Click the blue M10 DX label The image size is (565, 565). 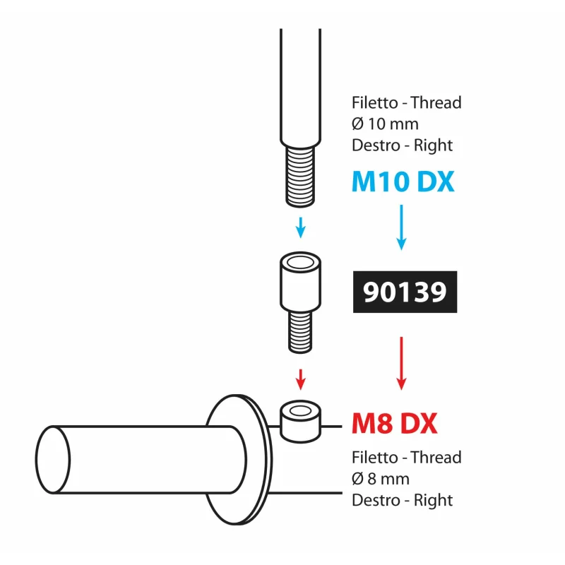403,182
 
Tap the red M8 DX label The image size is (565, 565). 394,423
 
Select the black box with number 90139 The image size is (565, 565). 405,292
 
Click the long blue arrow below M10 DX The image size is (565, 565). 401,227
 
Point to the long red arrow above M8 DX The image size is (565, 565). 401,363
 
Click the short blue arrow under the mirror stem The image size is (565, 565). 301,227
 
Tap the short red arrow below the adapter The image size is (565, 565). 301,379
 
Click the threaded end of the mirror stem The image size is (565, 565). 300,176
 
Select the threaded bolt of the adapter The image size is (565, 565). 300,332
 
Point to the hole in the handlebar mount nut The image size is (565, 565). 300,411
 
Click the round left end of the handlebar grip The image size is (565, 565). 53,460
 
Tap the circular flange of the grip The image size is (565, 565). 239,460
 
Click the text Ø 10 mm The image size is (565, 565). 385,124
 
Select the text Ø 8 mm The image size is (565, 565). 381,480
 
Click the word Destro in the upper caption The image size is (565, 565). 376,145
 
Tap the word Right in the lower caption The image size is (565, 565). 433,501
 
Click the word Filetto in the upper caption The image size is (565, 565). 375,102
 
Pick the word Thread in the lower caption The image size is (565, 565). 436,458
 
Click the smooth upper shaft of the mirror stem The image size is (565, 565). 301,86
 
